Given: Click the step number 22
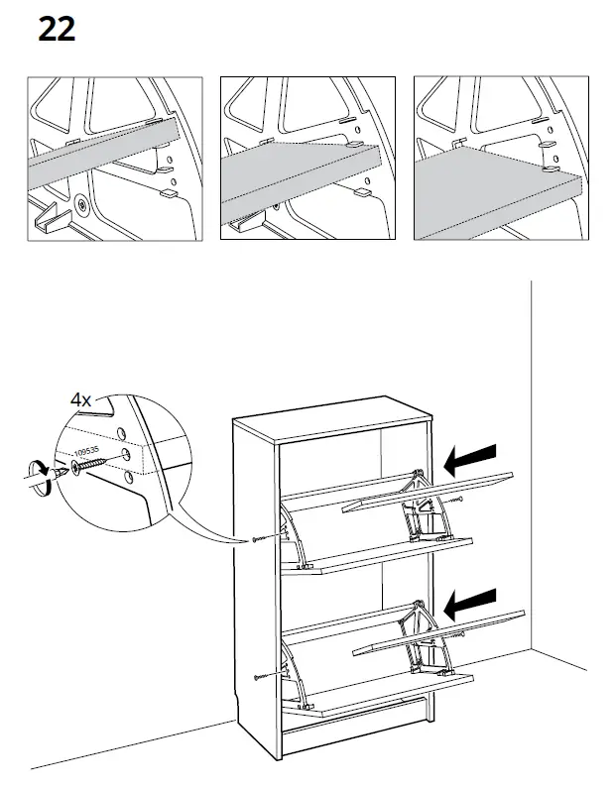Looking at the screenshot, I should (57, 30).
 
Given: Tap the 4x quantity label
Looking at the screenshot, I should (80, 400).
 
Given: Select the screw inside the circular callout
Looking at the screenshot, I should (85, 464).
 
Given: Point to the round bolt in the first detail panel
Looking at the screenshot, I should (78, 205).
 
